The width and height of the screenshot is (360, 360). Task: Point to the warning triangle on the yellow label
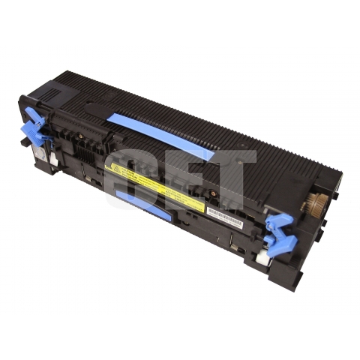[x=116, y=164]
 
